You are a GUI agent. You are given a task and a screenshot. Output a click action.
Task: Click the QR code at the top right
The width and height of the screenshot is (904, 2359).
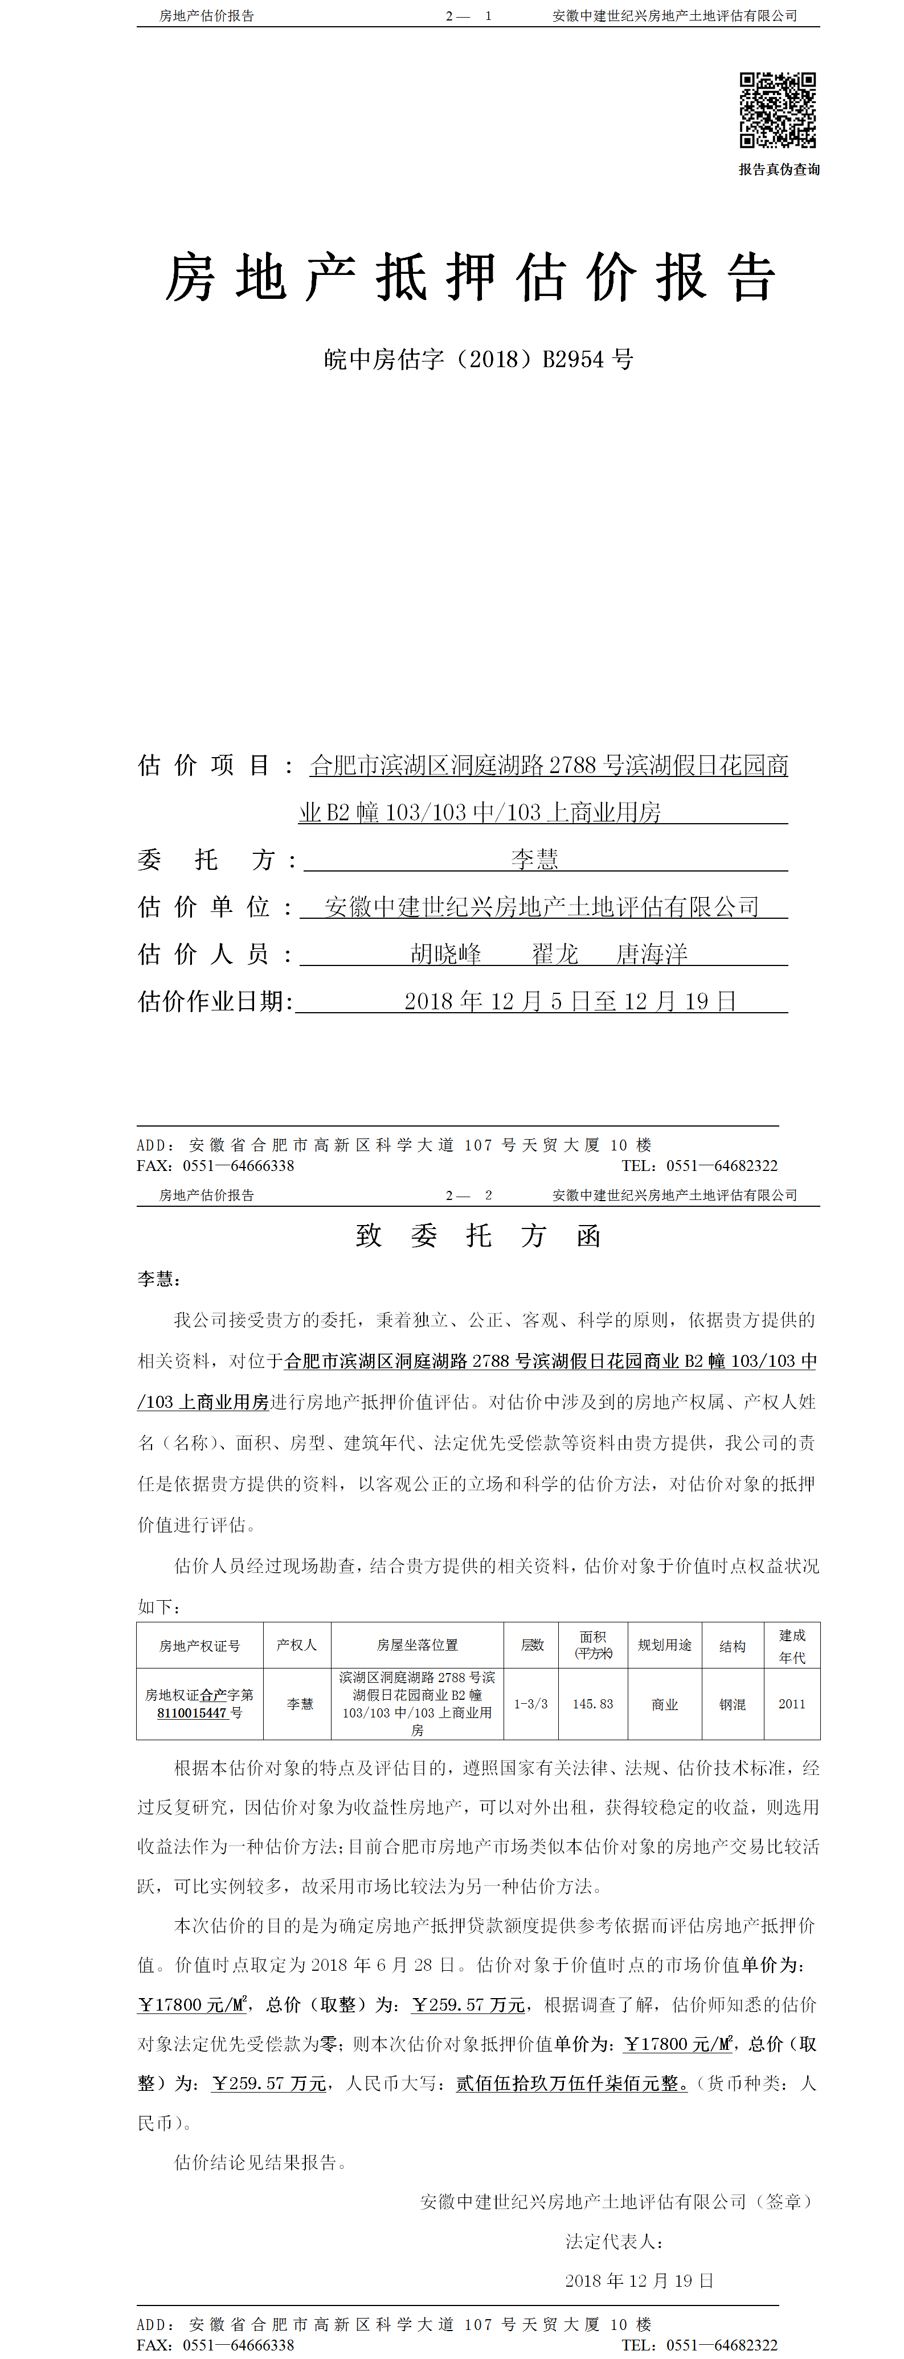coord(778,110)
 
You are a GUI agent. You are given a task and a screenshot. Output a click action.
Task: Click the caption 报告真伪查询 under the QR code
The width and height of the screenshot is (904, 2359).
coord(779,170)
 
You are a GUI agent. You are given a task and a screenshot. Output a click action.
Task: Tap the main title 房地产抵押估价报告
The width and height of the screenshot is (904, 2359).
coord(471,277)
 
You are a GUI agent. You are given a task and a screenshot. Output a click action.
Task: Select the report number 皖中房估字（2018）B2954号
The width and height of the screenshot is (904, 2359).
coord(478,359)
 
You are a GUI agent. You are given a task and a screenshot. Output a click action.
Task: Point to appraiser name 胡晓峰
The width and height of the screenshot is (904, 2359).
coord(446,954)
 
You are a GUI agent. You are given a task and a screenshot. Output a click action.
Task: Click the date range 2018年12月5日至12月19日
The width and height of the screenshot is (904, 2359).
coord(570,1001)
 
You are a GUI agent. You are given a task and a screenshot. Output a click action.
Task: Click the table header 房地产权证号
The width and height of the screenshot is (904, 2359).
coord(200,1646)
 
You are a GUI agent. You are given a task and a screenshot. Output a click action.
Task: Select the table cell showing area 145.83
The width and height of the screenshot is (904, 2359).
coord(592,1704)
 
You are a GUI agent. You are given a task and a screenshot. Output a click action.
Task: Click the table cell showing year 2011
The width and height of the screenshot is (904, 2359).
coord(791,1704)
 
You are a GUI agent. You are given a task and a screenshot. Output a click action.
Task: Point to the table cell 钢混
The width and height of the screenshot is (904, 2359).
coord(732,1704)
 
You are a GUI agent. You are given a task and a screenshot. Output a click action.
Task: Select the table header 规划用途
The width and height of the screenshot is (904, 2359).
coord(664,1646)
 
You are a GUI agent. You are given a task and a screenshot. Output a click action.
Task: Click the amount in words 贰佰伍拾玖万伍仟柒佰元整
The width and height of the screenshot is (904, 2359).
coord(571,2083)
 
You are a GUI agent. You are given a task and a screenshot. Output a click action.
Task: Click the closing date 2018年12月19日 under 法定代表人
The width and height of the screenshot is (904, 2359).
coord(639,2281)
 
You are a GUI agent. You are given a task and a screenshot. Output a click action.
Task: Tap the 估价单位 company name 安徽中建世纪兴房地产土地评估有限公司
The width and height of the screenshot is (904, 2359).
coord(542,907)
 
